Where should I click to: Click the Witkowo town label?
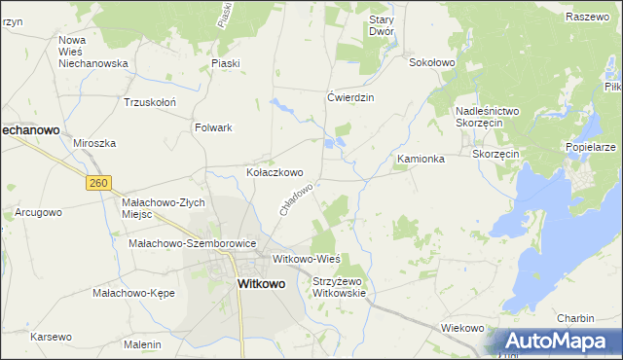pyautogui.click(x=261, y=284)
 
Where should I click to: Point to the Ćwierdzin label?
pyautogui.click(x=350, y=97)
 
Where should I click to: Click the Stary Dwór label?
pyautogui.click(x=379, y=25)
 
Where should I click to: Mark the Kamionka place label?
pyautogui.click(x=421, y=158)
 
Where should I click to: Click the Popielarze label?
pyautogui.click(x=590, y=147)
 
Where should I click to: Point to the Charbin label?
pyautogui.click(x=575, y=318)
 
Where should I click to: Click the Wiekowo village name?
pyautogui.click(x=462, y=328)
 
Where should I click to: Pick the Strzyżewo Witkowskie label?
pyautogui.click(x=338, y=287)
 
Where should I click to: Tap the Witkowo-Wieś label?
pyautogui.click(x=306, y=259)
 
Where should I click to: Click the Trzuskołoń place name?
pyautogui.click(x=149, y=101)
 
